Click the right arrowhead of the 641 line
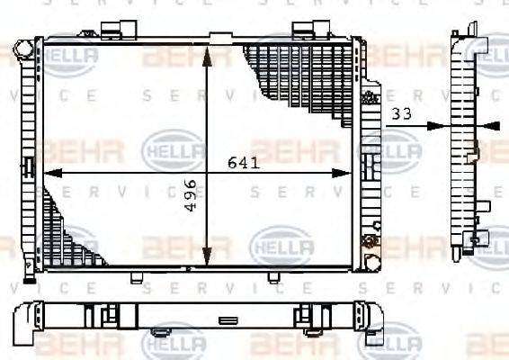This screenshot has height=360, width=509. point(351,171)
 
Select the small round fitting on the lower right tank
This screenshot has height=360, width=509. point(367,240)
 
